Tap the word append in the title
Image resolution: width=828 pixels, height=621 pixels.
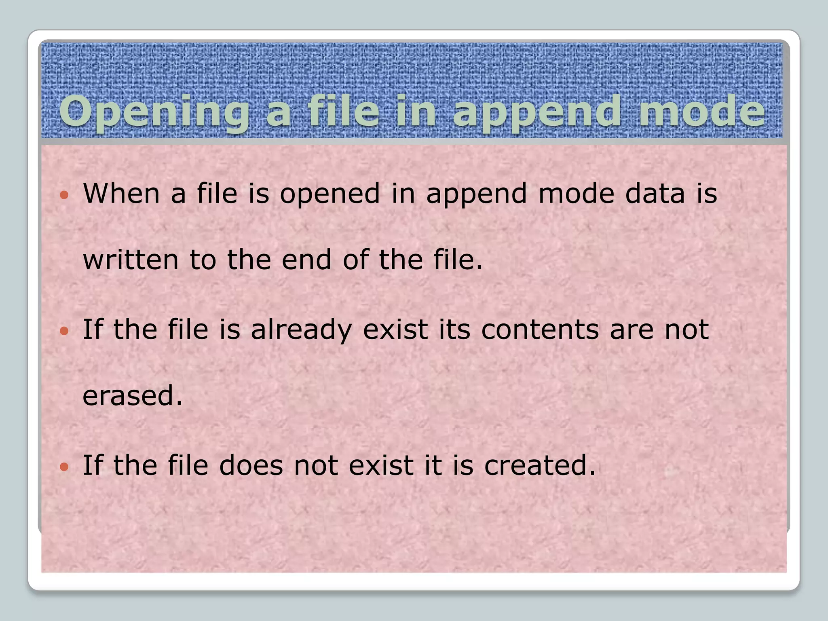[x=537, y=112]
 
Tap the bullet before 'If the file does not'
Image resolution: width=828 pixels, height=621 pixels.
[x=64, y=467]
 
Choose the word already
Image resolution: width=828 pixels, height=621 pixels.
[x=301, y=330]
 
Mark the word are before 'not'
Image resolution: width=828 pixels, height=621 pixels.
[x=632, y=330]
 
